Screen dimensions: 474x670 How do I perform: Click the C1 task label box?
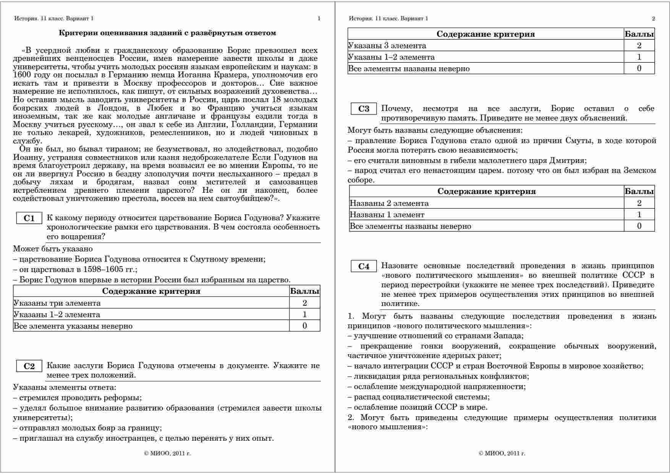(29, 218)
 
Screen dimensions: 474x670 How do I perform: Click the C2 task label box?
(29, 366)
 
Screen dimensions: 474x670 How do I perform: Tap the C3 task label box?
(364, 109)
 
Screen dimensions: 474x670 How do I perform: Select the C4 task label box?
(364, 266)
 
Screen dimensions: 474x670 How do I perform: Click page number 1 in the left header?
(319, 18)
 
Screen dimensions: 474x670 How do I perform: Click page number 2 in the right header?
(653, 18)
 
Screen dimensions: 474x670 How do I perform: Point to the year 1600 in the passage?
(21, 75)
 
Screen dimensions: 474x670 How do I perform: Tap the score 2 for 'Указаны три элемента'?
(304, 303)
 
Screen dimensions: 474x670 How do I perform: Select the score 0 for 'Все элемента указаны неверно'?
(304, 326)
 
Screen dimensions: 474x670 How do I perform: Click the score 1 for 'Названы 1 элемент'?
(639, 215)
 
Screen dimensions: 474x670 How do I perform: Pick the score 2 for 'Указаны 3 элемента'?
(639, 46)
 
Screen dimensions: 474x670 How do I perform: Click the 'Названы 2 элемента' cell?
(389, 203)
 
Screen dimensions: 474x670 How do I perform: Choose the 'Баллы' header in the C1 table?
(304, 291)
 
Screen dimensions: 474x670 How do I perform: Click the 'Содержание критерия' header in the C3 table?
(486, 191)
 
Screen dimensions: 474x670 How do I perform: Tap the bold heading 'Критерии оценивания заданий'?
(167, 33)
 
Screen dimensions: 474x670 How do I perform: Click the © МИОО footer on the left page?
(167, 453)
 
